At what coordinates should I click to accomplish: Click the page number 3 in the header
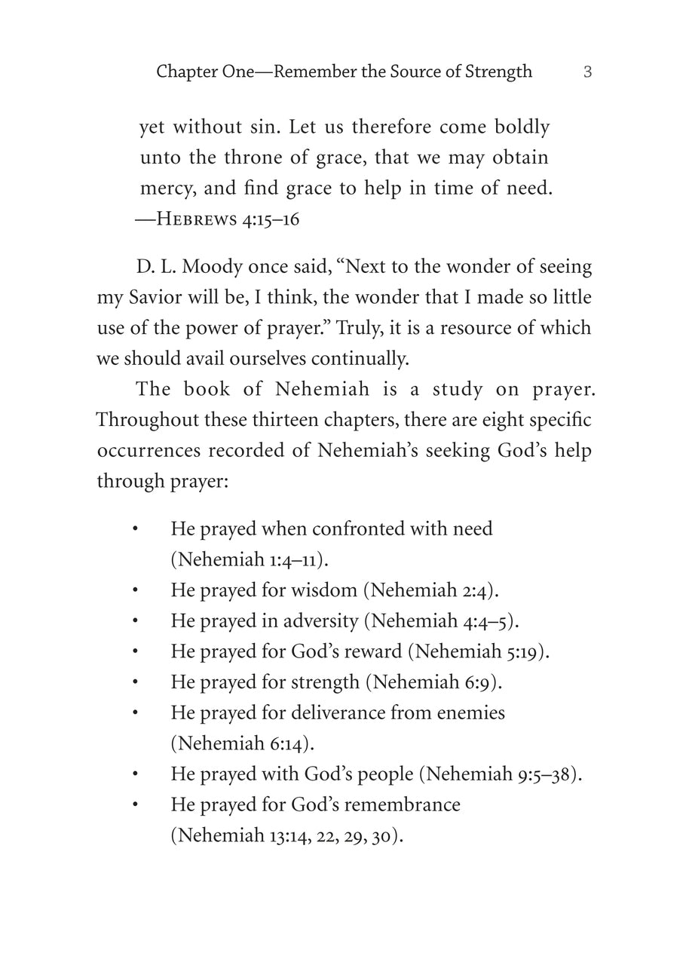click(x=587, y=72)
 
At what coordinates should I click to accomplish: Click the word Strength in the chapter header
click(x=497, y=72)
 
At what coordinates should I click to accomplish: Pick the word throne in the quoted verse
click(x=253, y=158)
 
